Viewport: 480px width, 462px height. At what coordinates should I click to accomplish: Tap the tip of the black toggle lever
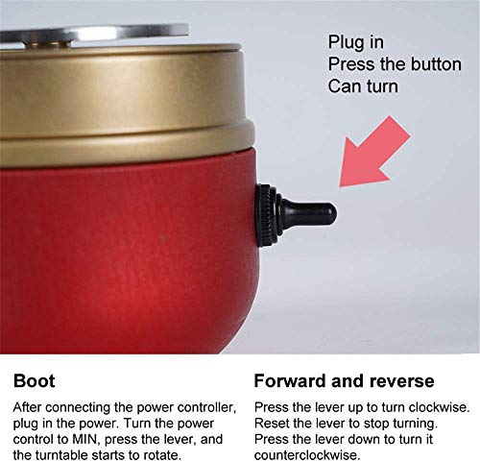335,213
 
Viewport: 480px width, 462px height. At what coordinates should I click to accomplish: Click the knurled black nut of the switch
266,215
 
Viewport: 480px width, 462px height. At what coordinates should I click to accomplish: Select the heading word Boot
35,381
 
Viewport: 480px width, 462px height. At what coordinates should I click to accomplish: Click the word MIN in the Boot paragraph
85,439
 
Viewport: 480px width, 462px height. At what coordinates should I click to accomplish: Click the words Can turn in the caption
363,86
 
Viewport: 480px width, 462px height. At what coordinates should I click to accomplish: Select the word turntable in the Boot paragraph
60,455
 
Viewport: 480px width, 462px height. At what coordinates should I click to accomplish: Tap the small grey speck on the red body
163,238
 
